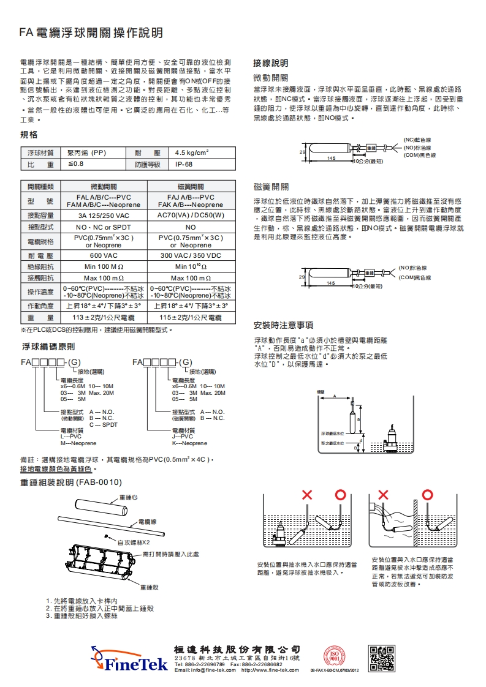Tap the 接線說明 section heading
[270, 64]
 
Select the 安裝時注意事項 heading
[283, 325]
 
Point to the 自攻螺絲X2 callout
[134, 542]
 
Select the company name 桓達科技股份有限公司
[237, 648]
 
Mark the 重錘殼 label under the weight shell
[150, 587]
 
